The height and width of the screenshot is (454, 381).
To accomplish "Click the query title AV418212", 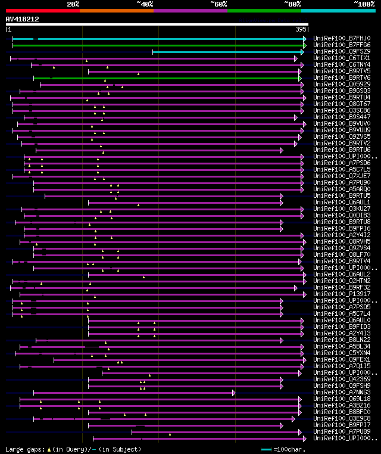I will tap(22, 19).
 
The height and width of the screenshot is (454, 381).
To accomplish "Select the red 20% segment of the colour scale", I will tap(42, 11).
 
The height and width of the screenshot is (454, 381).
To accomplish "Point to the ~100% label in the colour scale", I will tap(364, 4).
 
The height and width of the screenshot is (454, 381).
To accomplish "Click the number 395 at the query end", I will tap(301, 29).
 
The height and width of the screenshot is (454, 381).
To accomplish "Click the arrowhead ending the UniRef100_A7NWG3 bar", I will tap(234, 393).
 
